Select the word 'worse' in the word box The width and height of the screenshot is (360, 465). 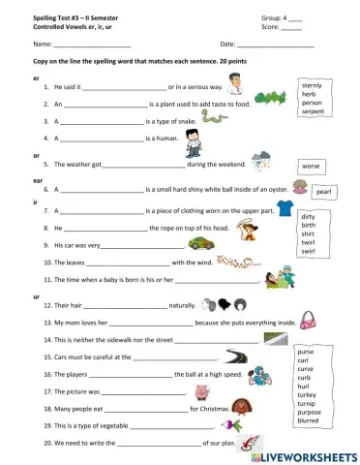coord(311,166)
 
